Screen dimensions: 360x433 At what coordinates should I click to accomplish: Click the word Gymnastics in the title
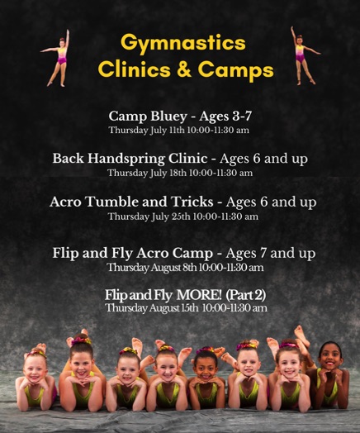(183, 43)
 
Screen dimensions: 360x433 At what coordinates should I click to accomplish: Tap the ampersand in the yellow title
(184, 69)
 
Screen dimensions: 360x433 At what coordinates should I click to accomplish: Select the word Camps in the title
(236, 70)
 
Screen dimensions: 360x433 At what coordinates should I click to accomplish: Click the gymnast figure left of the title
(57, 58)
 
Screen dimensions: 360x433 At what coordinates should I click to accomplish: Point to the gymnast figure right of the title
(304, 55)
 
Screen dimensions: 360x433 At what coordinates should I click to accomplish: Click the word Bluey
(168, 117)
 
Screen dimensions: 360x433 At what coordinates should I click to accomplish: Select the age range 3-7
(242, 116)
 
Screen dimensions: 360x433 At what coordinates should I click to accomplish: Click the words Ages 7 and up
(270, 253)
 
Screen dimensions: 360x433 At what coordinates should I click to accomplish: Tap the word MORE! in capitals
(199, 295)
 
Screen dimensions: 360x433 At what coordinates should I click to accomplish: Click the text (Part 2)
(246, 295)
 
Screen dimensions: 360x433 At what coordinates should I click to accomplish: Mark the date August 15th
(173, 308)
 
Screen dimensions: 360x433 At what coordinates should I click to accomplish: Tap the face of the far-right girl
(330, 357)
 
